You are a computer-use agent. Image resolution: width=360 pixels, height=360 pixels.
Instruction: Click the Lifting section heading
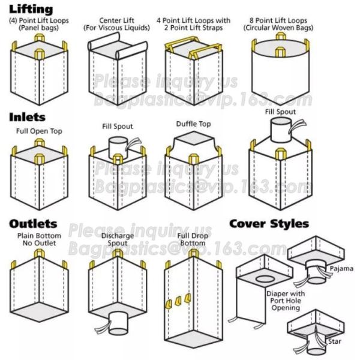31,10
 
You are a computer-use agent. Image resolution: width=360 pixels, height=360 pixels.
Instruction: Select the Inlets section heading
28,117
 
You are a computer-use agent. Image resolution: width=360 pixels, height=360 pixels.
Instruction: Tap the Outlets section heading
33,224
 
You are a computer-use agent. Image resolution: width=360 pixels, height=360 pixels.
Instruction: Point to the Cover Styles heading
269,224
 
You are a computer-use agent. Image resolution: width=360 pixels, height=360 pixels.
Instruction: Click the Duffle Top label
193,124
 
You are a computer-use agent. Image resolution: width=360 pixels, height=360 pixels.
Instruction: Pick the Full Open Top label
39,131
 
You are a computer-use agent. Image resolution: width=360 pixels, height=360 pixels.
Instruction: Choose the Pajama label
341,269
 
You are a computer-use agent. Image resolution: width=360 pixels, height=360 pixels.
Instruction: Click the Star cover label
335,341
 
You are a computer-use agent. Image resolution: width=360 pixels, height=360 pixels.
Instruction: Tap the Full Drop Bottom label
193,239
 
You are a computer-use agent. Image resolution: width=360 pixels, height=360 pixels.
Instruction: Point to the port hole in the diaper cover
265,279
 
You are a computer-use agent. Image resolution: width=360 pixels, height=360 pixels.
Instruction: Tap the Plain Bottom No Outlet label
39,239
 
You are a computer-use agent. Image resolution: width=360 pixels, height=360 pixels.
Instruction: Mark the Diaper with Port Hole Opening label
286,301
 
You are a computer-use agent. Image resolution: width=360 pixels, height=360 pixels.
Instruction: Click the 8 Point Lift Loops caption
278,24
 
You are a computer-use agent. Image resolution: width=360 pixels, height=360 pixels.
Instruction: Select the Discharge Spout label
118,239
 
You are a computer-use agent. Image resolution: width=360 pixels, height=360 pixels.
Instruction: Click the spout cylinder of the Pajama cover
316,274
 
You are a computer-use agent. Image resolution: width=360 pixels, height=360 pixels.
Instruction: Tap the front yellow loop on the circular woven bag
280,52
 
